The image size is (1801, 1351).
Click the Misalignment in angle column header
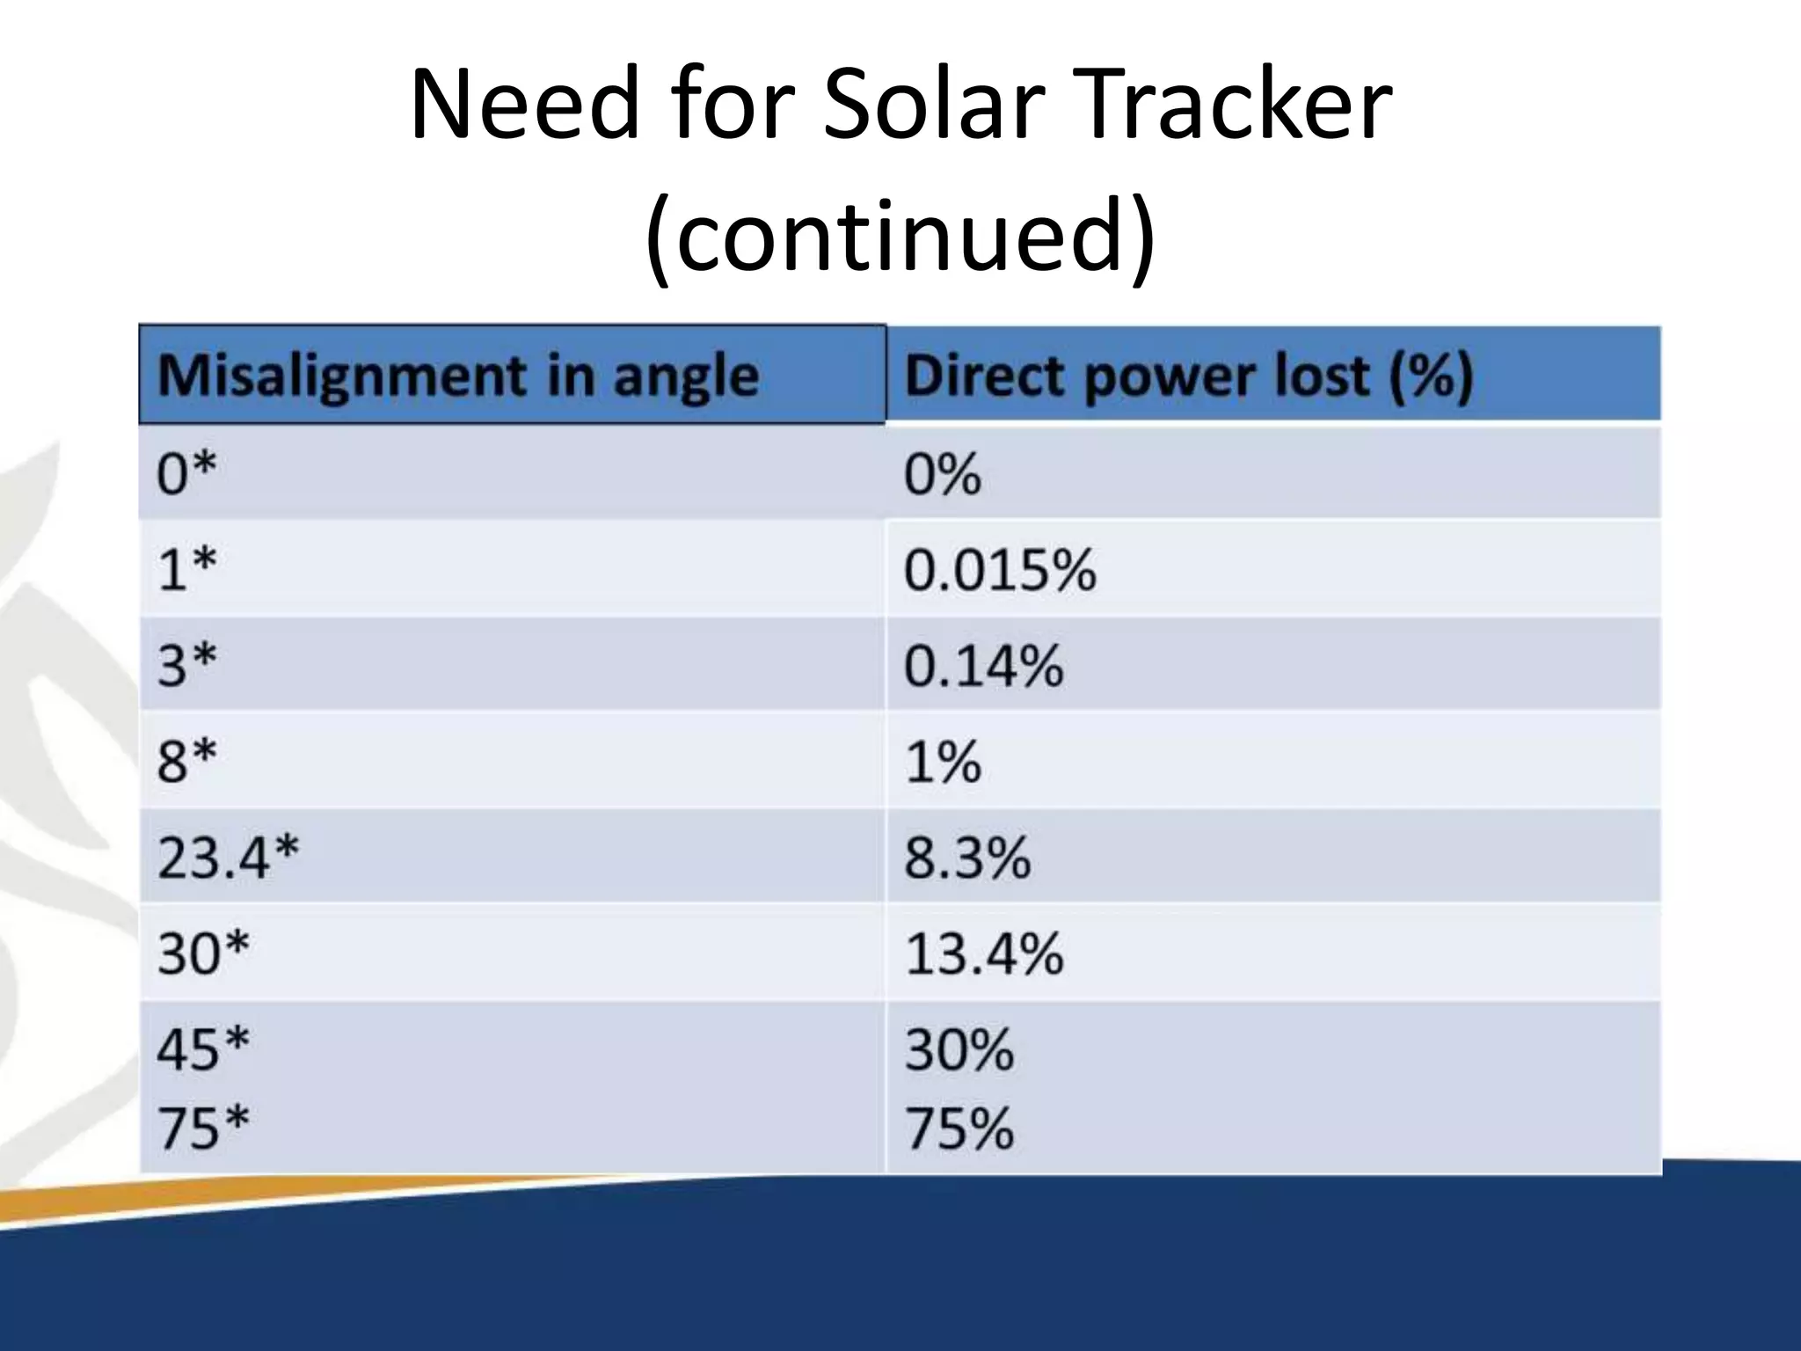(457, 376)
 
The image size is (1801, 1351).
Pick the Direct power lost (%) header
(1187, 376)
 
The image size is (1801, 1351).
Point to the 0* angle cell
(186, 473)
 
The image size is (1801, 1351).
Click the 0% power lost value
(942, 473)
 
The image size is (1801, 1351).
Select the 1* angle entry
(186, 568)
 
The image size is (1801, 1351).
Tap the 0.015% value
(1000, 568)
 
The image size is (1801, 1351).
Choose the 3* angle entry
(186, 665)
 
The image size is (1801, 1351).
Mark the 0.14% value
(983, 665)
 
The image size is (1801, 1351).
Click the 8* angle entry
(186, 761)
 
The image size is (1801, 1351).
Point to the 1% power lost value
(942, 761)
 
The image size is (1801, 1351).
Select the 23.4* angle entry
(228, 857)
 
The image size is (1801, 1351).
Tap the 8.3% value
(966, 857)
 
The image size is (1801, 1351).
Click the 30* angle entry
(203, 953)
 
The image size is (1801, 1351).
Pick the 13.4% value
(983, 953)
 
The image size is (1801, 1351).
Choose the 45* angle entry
(203, 1048)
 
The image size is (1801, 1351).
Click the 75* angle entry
(203, 1128)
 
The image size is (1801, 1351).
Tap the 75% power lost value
(959, 1128)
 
